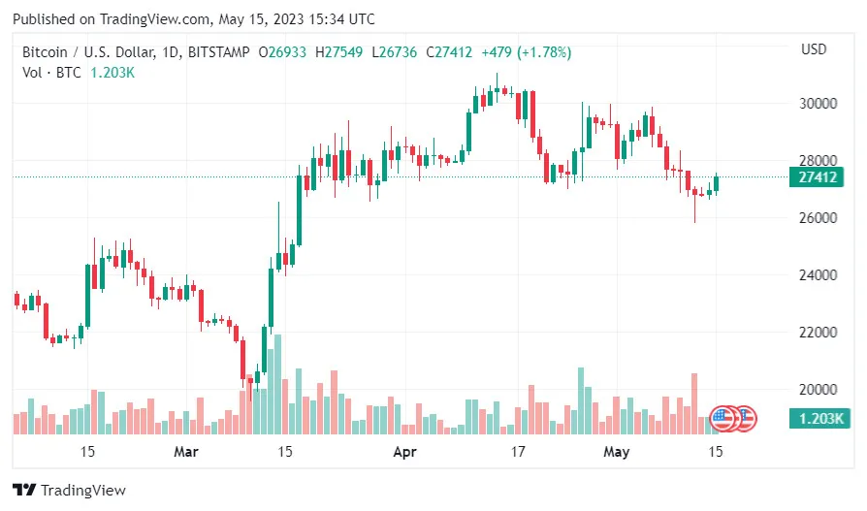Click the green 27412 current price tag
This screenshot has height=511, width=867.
point(819,177)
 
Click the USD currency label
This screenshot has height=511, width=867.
point(814,49)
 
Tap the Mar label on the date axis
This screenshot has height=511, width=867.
point(185,451)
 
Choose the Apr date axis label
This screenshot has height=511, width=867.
point(403,451)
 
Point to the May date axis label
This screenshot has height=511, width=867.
point(617,451)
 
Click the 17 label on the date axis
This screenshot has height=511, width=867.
point(518,451)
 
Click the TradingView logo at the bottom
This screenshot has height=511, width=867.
point(69,491)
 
